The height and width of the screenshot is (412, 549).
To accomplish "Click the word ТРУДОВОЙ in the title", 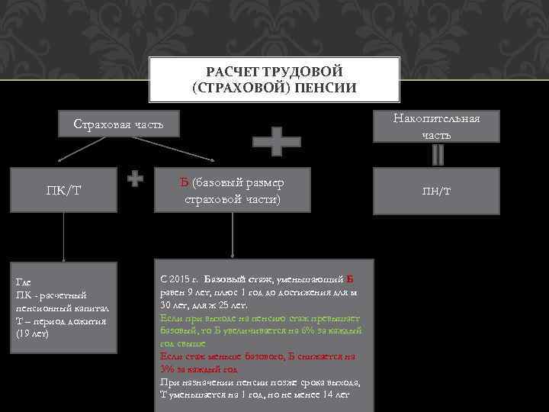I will click(301, 71).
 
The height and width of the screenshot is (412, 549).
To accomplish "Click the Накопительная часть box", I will click(436, 127).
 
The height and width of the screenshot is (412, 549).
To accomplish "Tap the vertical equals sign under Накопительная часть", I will click(437, 155).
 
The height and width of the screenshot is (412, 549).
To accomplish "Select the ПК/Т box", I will click(64, 189).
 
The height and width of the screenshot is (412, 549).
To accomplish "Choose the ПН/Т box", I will click(437, 188).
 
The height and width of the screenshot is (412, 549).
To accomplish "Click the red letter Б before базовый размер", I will click(185, 182).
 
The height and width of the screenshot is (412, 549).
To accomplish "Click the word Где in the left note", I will click(24, 282).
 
